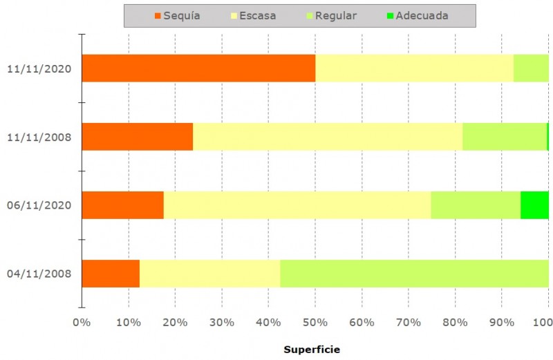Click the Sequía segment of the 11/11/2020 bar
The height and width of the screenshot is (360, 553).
point(198,68)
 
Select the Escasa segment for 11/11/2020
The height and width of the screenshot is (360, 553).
point(414,68)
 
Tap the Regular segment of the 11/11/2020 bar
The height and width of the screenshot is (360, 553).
point(531,68)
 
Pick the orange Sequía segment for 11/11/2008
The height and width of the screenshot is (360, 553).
point(137,137)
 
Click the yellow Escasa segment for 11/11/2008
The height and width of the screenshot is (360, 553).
point(328,137)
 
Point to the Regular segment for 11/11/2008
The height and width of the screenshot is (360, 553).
point(505,137)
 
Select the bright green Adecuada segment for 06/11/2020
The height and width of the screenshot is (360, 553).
point(534,205)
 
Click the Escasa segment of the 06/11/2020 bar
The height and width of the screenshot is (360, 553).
point(297,205)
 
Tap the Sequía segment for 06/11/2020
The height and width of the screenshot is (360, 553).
point(122,205)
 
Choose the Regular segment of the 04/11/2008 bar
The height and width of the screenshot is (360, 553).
point(414,274)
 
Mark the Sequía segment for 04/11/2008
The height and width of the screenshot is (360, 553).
point(111,274)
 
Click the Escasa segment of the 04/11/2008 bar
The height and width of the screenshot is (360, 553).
point(209,274)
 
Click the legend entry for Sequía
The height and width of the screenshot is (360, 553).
point(177,16)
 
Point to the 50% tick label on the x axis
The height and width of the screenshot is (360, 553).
point(315,322)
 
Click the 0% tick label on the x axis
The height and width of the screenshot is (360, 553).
point(82,322)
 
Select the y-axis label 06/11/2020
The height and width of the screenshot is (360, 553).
point(39,206)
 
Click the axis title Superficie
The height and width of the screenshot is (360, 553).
point(312,350)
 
